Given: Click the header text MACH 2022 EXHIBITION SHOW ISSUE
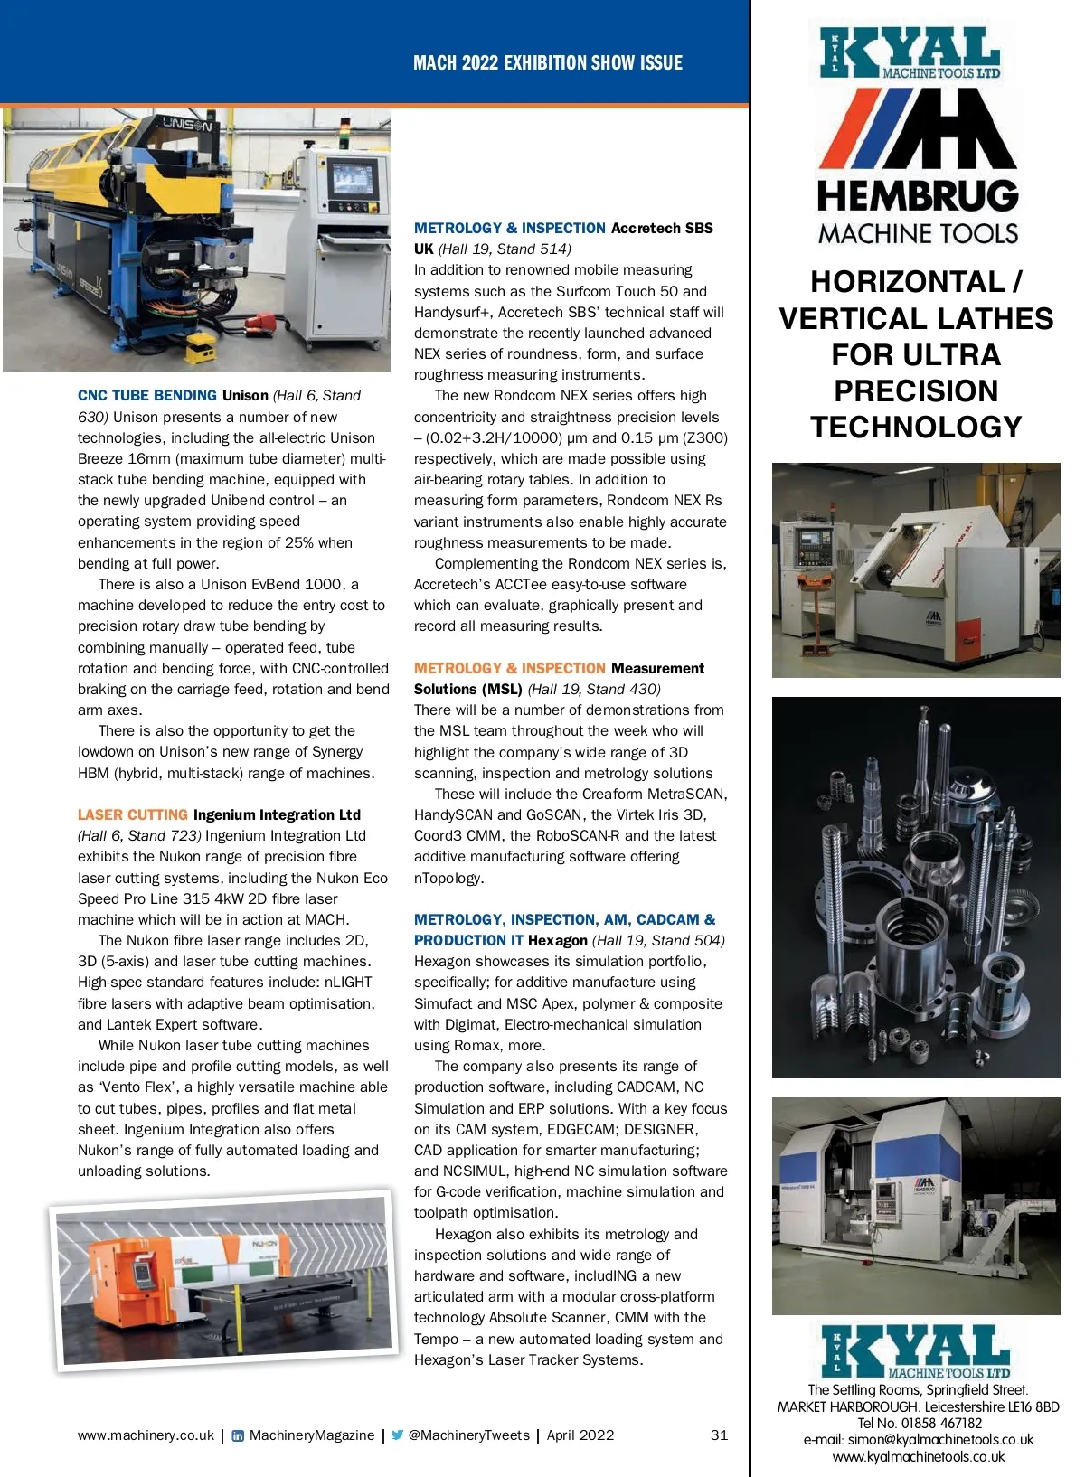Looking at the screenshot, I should pyautogui.click(x=547, y=63).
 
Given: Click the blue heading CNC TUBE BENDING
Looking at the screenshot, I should pyautogui.click(x=147, y=396).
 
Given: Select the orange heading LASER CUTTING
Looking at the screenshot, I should pyautogui.click(x=133, y=815).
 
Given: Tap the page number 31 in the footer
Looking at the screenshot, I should pyautogui.click(x=719, y=1435).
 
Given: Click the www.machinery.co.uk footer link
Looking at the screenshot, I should pyautogui.click(x=146, y=1435).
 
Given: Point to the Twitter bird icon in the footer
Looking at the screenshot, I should pyautogui.click(x=397, y=1435).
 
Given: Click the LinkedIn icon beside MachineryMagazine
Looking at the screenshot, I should pyautogui.click(x=238, y=1435).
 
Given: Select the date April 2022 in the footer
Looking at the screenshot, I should pyautogui.click(x=580, y=1435).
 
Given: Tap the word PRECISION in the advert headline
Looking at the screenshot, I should pyautogui.click(x=916, y=391).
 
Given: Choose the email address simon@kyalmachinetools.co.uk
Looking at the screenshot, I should pyautogui.click(x=918, y=1440).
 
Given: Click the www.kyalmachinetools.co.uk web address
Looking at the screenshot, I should pyautogui.click(x=918, y=1457).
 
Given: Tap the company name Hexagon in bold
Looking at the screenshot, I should pyautogui.click(x=558, y=941).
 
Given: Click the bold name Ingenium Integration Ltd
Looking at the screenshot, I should pyautogui.click(x=277, y=815).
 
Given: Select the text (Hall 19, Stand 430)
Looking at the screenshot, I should pyautogui.click(x=594, y=690).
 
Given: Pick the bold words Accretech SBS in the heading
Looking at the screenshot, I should pyautogui.click(x=662, y=229).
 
